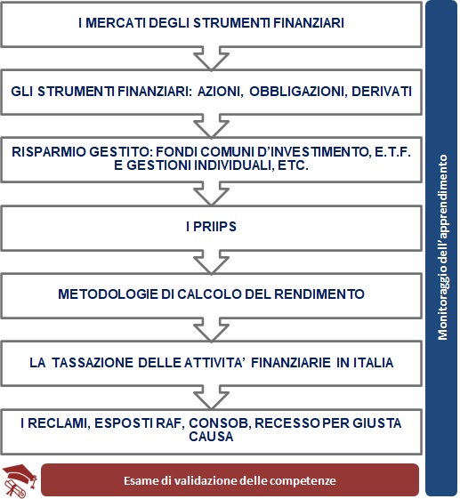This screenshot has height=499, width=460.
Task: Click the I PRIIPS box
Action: [212, 227]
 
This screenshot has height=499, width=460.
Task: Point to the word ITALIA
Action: [372, 362]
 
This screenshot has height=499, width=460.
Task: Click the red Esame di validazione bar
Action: [230, 480]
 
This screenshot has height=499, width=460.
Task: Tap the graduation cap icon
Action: [20, 479]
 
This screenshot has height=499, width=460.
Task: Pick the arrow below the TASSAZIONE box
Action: [212, 396]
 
